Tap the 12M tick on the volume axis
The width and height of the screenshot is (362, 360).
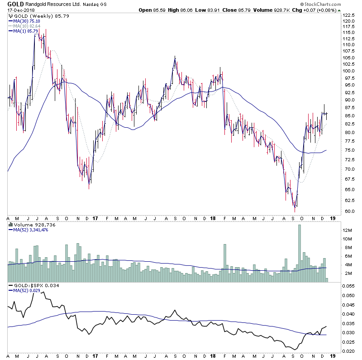coord(347,230)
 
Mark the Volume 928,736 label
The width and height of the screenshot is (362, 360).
coord(28,224)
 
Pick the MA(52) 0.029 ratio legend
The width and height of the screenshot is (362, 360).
coord(26,291)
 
